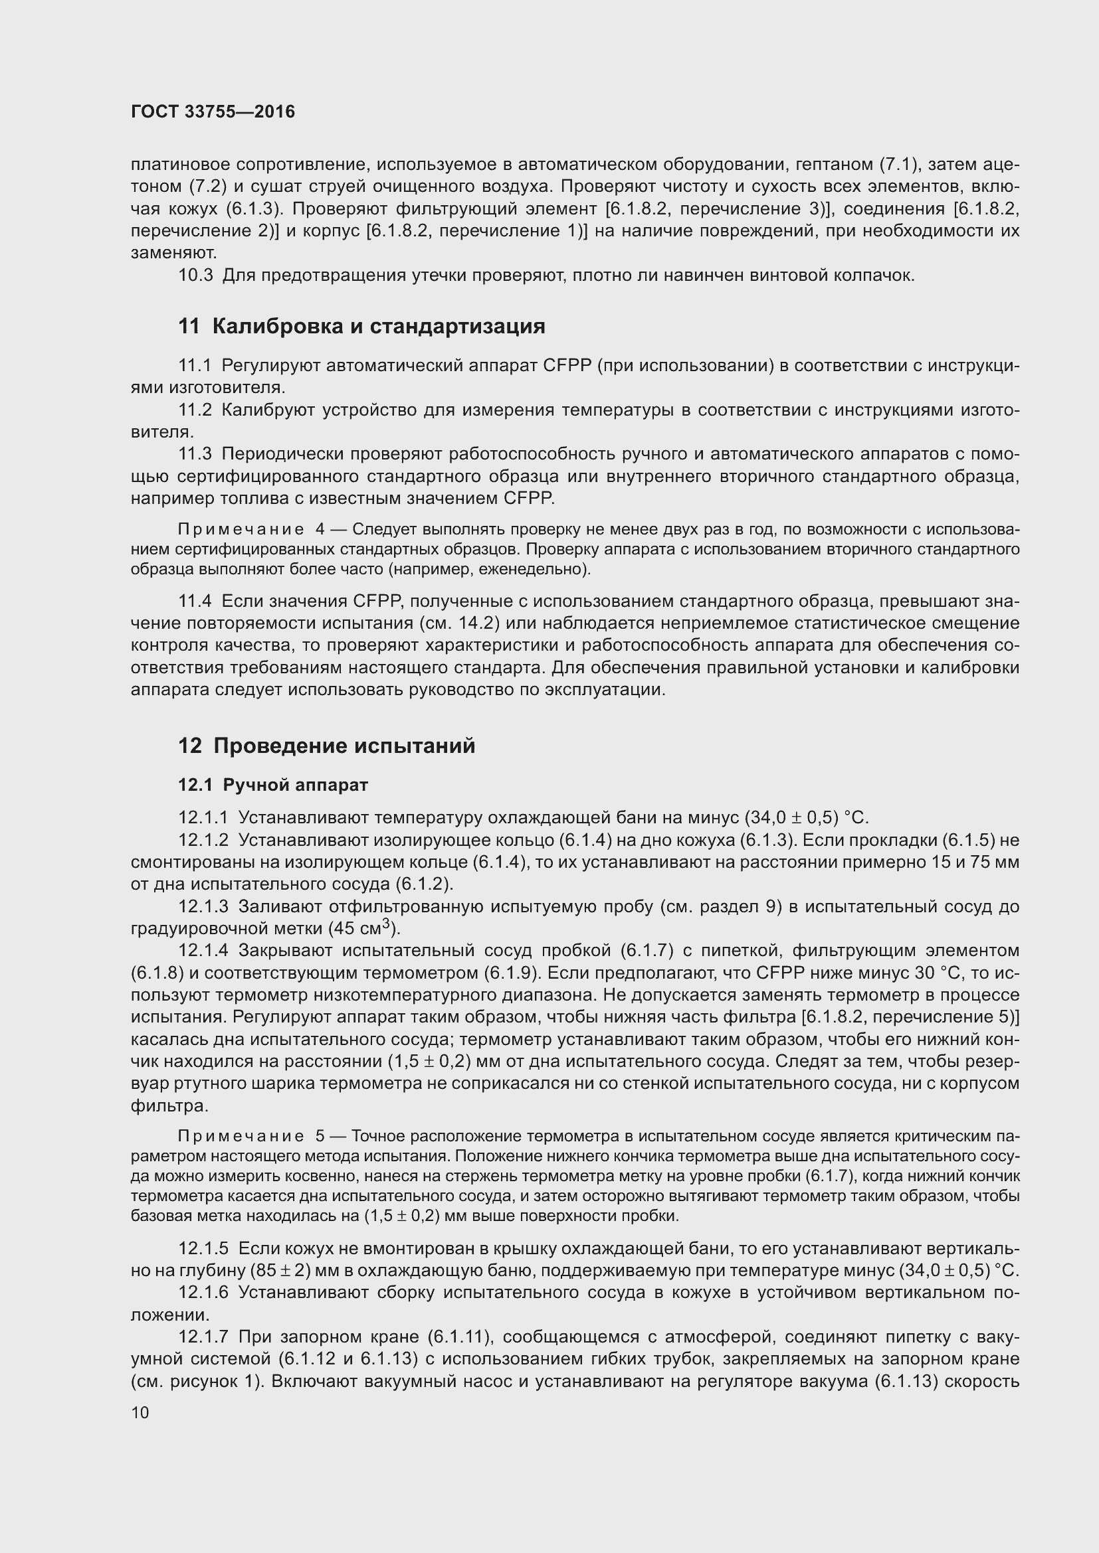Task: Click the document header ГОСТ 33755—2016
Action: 213,112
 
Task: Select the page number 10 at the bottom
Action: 140,1413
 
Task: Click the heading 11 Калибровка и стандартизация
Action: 361,327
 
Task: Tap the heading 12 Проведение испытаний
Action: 327,746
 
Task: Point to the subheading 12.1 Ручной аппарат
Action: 272,785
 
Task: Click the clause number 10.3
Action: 195,276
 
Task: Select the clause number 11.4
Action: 195,602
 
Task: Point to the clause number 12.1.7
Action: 204,1337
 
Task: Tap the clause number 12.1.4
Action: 204,951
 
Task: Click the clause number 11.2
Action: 195,410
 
